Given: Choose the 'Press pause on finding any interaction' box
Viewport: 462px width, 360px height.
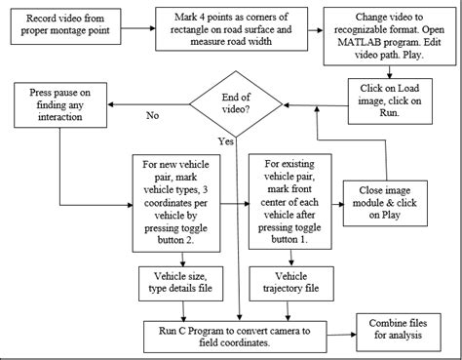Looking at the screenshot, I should (x=65, y=105).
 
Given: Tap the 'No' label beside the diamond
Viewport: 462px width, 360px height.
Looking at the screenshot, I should (x=151, y=114).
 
